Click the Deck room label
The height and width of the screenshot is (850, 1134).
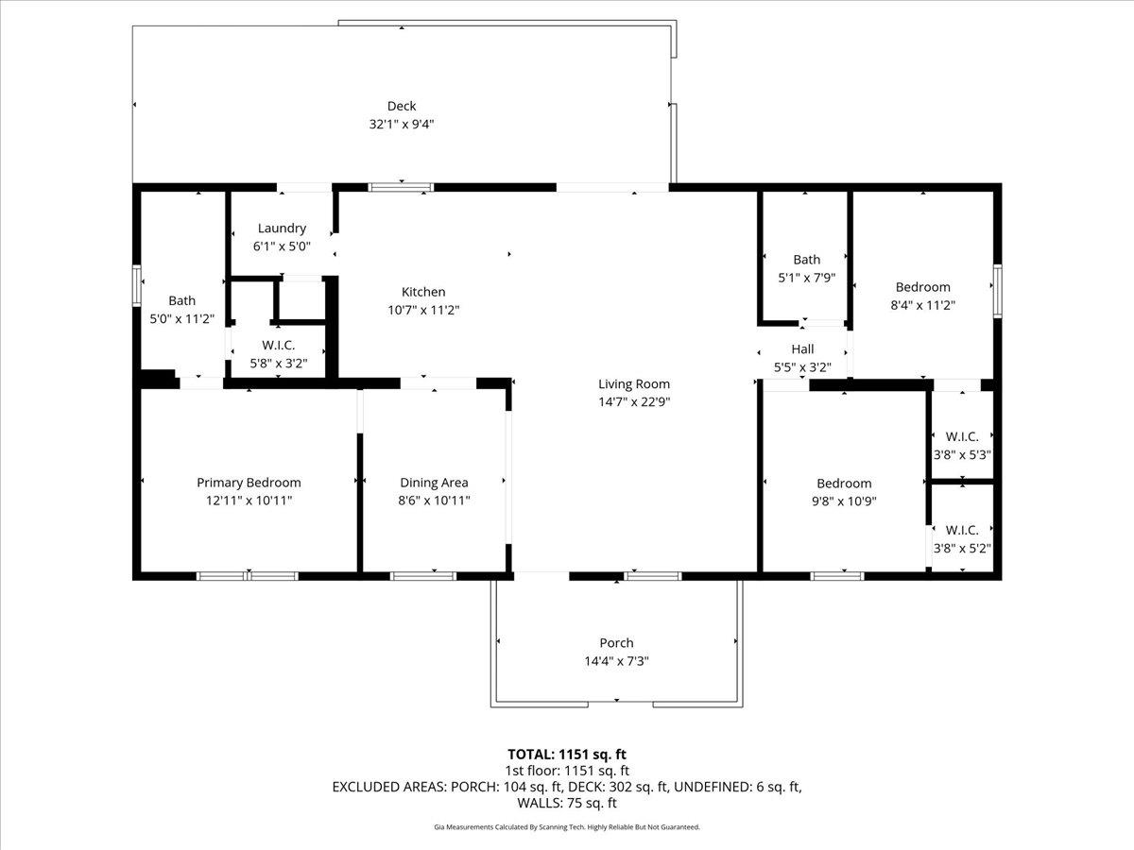(402, 106)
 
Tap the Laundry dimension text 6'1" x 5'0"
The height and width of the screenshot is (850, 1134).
(282, 246)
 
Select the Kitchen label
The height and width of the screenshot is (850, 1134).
(423, 292)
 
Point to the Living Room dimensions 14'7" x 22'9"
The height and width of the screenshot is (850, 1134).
(634, 401)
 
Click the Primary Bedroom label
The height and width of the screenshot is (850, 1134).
(249, 483)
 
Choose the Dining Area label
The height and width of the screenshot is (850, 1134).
(434, 483)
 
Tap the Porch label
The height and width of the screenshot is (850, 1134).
(616, 642)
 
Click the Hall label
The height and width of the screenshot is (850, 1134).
(802, 348)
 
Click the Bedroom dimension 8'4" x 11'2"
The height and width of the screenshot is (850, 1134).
(922, 305)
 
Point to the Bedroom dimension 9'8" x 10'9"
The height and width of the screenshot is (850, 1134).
(844, 501)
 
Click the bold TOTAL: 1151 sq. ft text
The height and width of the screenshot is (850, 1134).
(567, 755)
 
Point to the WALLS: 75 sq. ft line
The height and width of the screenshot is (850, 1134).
(567, 803)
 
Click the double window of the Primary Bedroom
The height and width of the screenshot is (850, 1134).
(248, 576)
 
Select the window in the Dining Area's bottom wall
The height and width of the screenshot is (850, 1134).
(423, 576)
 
